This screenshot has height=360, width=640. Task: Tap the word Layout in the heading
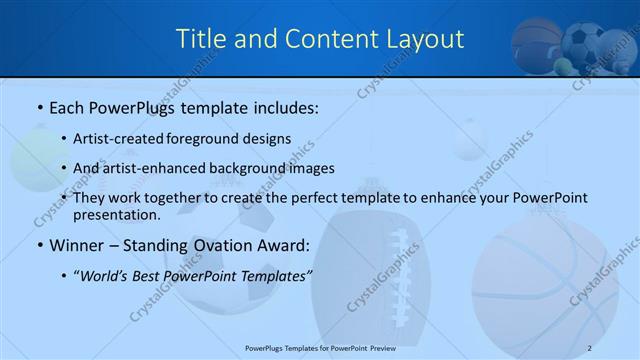coord(425,39)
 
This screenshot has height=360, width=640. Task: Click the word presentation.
coord(116,214)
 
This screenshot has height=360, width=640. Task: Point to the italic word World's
coord(105,276)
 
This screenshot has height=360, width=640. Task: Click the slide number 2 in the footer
coord(589,348)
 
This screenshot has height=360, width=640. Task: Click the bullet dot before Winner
coord(40,246)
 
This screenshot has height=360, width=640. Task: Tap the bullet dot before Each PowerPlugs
coord(40,107)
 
